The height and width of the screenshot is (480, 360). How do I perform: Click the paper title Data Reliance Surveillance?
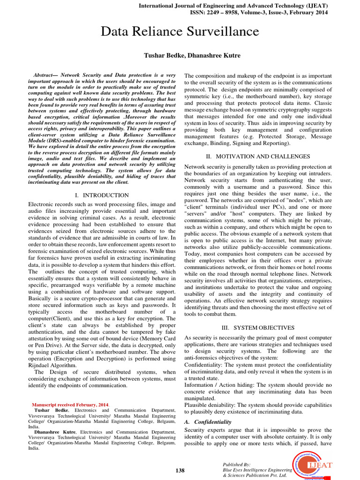click(x=180, y=31)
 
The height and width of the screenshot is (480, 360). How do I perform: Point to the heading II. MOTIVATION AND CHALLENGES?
click(x=258, y=156)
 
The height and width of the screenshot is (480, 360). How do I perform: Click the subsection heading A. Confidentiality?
click(x=208, y=422)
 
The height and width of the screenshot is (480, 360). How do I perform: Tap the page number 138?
click(x=180, y=470)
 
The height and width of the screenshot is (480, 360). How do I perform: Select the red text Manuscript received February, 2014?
click(x=70, y=404)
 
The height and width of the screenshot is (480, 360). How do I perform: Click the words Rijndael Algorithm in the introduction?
click(x=52, y=365)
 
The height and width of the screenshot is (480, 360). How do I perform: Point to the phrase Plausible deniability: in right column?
click(x=211, y=405)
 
